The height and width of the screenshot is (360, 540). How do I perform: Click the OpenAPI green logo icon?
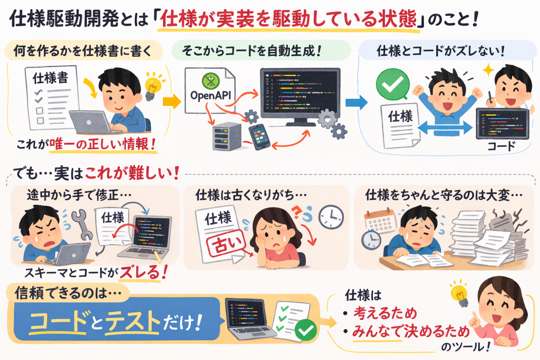(x=211, y=81)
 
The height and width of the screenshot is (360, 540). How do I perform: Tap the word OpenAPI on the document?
(x=211, y=95)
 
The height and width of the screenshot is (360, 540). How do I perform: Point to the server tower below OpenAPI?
(x=227, y=136)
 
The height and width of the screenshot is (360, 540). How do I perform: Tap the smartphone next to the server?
(x=259, y=137)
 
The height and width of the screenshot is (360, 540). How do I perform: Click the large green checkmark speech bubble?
(x=393, y=85)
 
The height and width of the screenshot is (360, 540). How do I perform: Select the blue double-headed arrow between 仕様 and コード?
(x=445, y=127)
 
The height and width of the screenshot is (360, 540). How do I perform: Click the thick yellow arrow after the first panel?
(x=172, y=101)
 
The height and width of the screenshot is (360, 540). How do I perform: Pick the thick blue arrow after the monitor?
(x=356, y=103)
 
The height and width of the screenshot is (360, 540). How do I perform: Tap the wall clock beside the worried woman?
(x=331, y=217)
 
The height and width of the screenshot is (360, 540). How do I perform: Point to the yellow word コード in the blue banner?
(x=58, y=321)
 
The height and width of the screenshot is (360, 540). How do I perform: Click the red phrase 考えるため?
(x=385, y=313)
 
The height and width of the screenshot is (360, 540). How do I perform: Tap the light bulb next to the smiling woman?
(x=459, y=292)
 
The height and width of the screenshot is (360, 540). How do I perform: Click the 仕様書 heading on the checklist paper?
(x=50, y=78)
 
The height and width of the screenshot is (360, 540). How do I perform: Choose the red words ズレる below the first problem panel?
(x=140, y=273)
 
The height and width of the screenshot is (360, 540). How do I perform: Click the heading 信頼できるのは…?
(x=68, y=293)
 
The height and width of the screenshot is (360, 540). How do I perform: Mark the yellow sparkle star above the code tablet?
(x=488, y=70)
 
